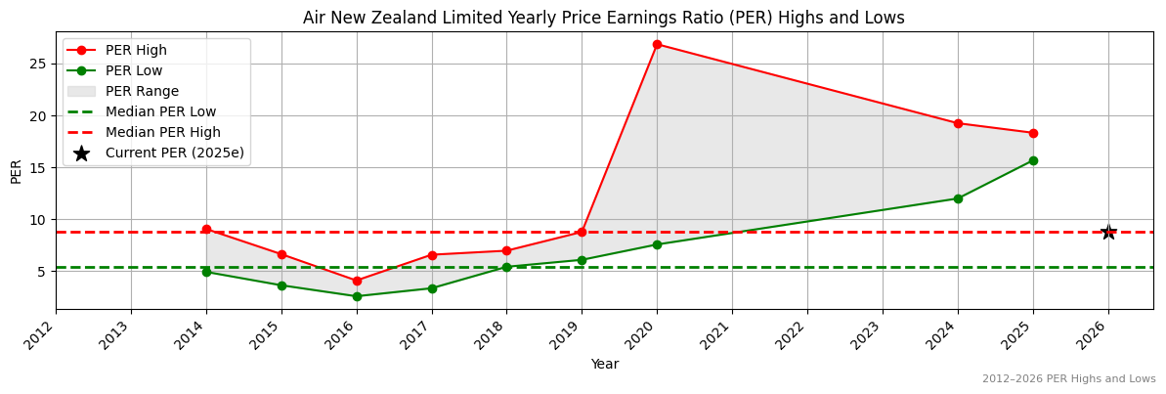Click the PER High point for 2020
[x=657, y=44]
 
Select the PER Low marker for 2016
[x=357, y=296]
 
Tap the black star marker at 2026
[x=1108, y=232]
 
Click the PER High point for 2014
[x=206, y=229]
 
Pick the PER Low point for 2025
[x=1033, y=160]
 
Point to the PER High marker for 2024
[x=958, y=123]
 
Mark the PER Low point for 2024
[x=958, y=198]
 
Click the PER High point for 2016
[x=357, y=281]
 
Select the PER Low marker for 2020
[x=657, y=244]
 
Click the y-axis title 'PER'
[x=16, y=170]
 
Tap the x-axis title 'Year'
[x=604, y=365]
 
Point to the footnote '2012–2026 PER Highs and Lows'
[x=1068, y=378]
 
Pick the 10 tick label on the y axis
[x=38, y=219]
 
